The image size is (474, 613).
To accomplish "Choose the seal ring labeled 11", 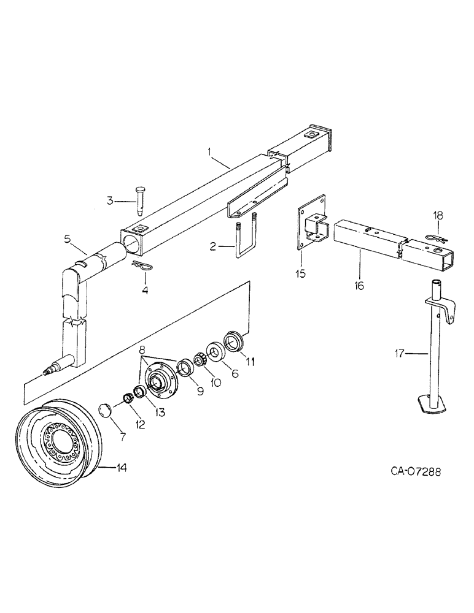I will pyautogui.click(x=235, y=341).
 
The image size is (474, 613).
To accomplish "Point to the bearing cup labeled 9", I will pyautogui.click(x=185, y=368).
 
